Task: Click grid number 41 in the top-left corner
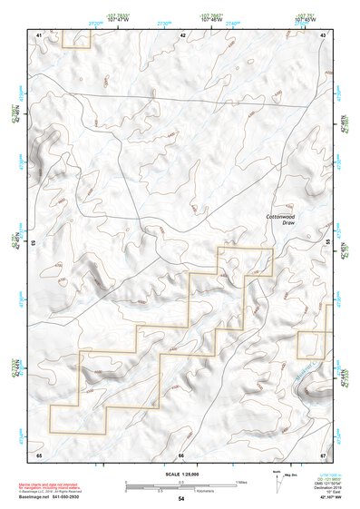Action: coord(39,34)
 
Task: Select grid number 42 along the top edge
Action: coord(182,34)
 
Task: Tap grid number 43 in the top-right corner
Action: coord(324,34)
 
